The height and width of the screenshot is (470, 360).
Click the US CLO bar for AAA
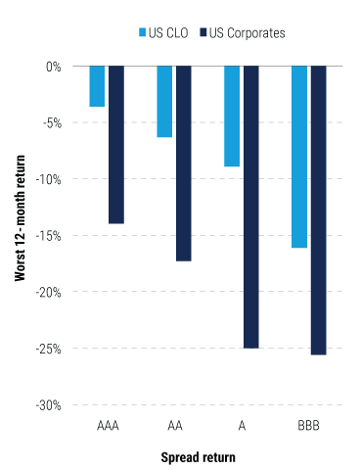coord(97,86)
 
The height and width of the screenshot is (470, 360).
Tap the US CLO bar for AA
coord(164,102)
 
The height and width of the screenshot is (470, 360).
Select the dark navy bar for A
coord(251,207)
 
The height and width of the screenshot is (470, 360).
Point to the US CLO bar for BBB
coord(299,157)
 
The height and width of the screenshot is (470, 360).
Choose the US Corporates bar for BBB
coord(319,211)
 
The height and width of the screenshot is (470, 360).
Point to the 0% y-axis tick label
coord(52,67)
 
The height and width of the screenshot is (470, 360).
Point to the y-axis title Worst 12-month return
coord(21,235)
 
